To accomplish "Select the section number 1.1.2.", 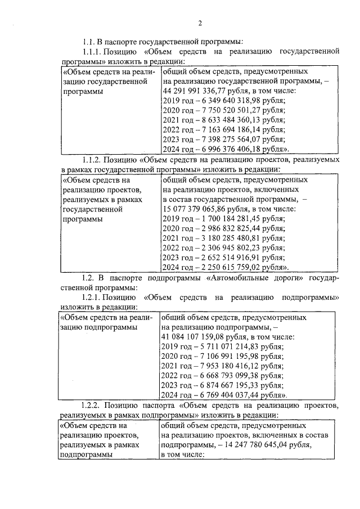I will (94, 160).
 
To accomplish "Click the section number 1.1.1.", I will (94, 52).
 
